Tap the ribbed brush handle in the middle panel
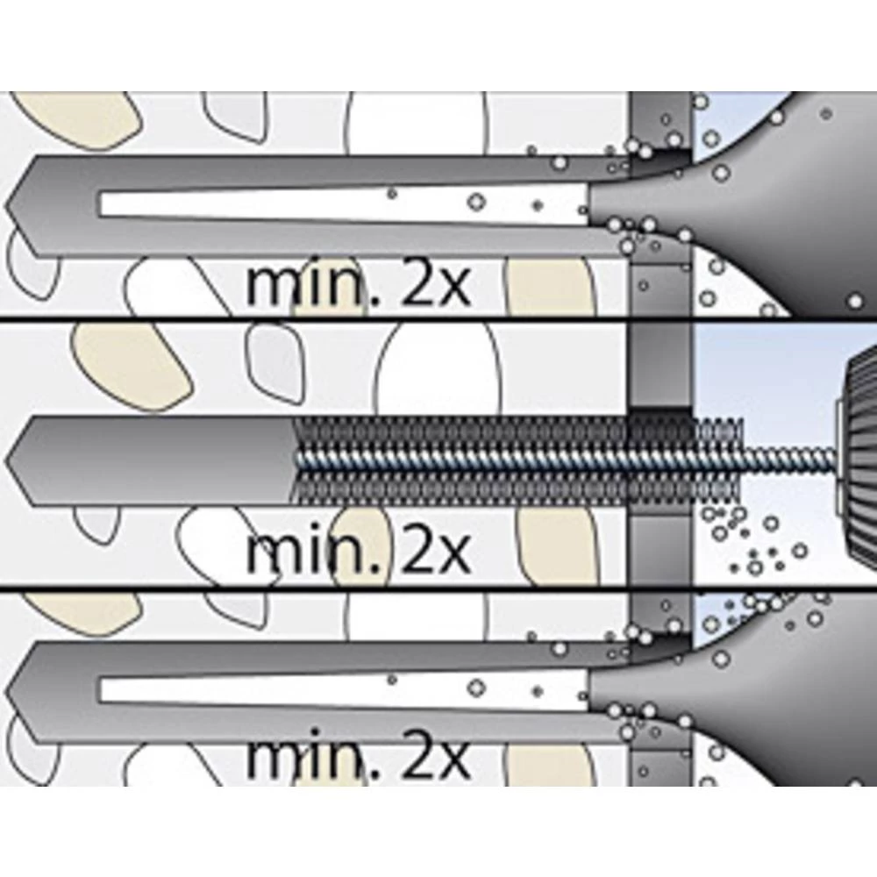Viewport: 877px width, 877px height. (x=859, y=456)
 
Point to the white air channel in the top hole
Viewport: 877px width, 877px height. (x=333, y=205)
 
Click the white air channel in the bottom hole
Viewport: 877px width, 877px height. (x=333, y=691)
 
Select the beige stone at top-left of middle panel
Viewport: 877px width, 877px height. (x=132, y=364)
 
